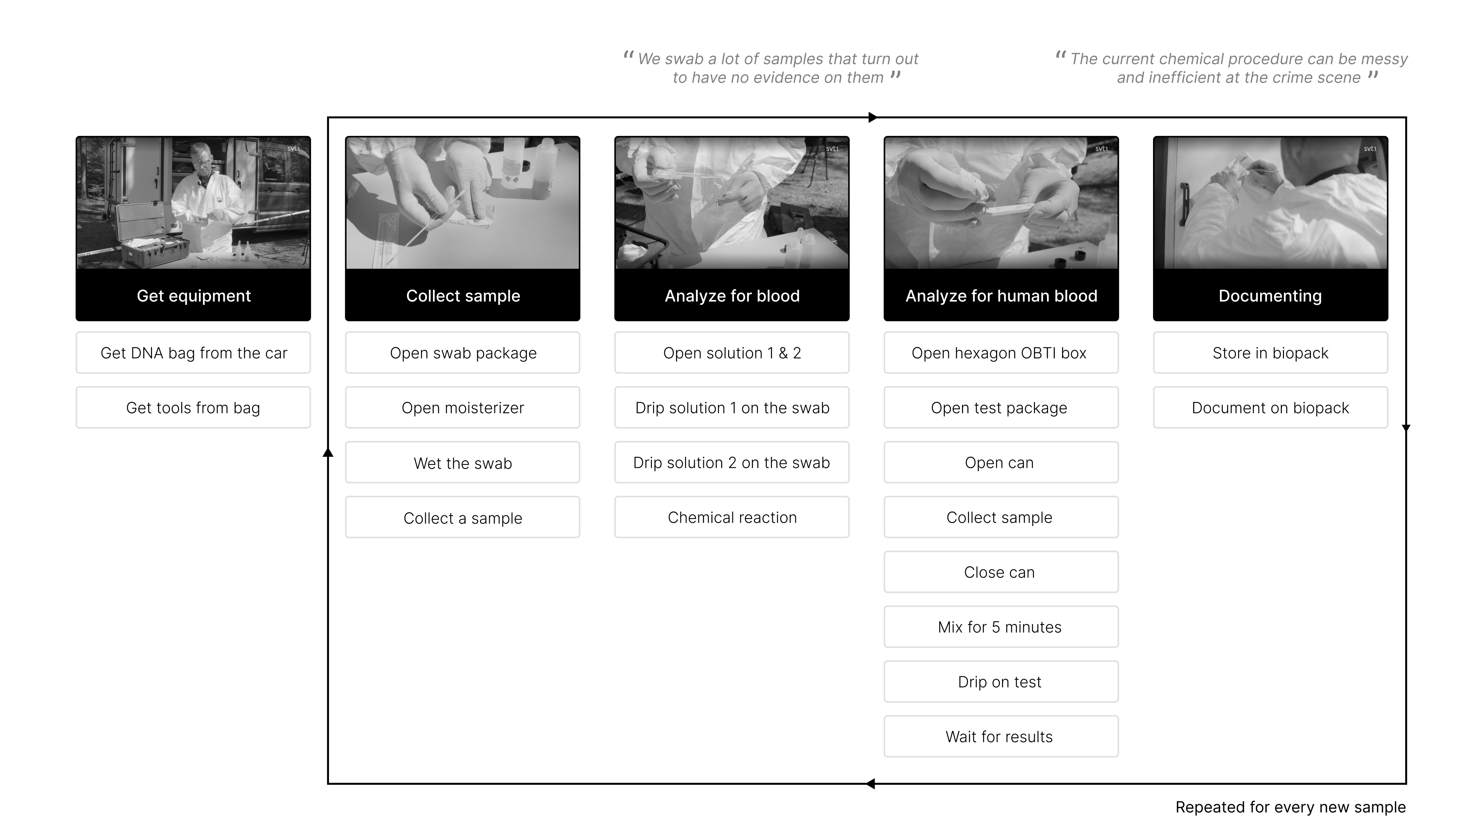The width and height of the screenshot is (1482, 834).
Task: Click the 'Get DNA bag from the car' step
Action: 193,353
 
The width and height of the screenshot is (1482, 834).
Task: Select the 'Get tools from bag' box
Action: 193,408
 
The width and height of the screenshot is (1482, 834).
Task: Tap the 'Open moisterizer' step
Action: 462,408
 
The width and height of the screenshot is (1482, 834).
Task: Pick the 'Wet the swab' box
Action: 462,463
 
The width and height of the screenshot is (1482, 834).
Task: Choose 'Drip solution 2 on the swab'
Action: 732,463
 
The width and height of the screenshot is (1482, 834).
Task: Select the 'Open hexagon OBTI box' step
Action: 1001,353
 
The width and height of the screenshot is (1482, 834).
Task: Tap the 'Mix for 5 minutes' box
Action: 1001,627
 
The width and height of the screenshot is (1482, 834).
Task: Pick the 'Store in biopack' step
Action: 1270,353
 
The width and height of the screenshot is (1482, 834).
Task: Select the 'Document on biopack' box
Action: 1270,408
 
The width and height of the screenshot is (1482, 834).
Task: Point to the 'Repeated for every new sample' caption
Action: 1290,807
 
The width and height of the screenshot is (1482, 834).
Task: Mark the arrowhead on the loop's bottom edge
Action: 870,783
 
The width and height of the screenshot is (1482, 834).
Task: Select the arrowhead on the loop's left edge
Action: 328,452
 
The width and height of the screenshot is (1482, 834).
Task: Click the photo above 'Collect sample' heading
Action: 462,203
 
